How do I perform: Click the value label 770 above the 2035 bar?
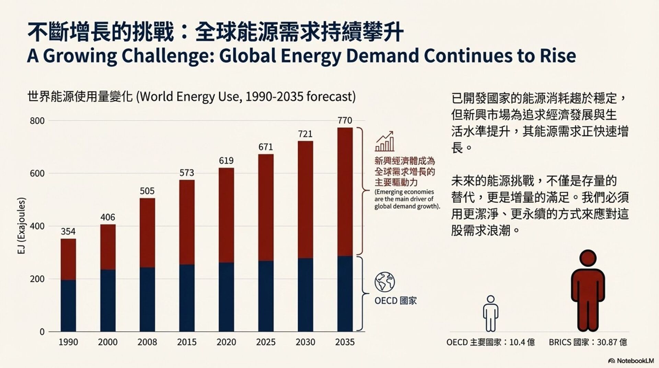[x=345, y=121]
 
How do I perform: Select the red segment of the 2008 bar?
[x=147, y=233]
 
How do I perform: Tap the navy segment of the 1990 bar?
[x=68, y=305]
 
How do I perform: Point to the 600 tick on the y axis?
[x=37, y=174]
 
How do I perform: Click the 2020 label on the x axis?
[x=226, y=342]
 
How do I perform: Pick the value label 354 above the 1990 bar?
[x=68, y=232]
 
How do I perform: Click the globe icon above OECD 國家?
[x=384, y=282]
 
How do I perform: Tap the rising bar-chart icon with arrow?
[x=384, y=141]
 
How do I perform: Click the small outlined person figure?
[x=490, y=313]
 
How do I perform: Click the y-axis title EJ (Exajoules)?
[x=22, y=226]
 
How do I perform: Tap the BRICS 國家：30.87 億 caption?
[x=588, y=342]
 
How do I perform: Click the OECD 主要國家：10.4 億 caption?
[x=490, y=342]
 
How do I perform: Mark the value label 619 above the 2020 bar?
[x=226, y=161]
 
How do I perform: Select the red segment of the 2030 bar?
[x=305, y=200]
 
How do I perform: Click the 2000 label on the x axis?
[x=108, y=342]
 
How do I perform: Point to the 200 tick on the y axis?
[x=37, y=279]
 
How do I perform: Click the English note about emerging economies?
[x=407, y=199]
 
